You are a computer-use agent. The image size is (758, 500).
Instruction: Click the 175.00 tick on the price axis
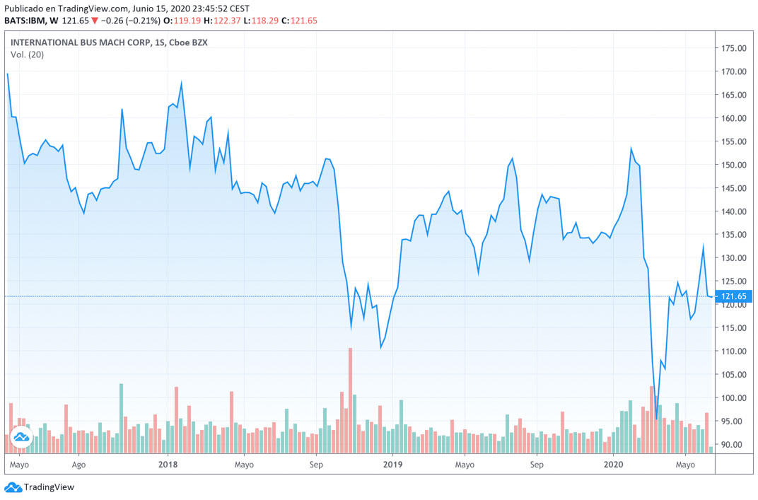tap(734, 48)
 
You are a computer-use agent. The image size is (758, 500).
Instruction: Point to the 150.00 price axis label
tap(734, 165)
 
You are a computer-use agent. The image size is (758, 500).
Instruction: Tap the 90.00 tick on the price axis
tap(734, 444)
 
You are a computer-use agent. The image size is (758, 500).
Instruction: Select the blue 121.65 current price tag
tap(734, 296)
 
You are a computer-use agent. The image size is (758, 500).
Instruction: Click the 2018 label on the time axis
tap(168, 465)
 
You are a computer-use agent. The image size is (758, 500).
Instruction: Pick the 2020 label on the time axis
tap(614, 465)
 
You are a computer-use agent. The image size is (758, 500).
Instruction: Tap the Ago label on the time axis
tap(79, 465)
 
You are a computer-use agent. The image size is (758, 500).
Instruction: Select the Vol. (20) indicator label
tap(27, 55)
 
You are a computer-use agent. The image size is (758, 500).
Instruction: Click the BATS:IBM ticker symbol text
tap(25, 21)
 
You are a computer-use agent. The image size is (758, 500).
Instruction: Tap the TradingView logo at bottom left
tap(40, 487)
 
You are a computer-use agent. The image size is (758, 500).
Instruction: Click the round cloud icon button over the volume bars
tap(21, 437)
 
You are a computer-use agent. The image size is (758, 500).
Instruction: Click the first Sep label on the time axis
tap(316, 465)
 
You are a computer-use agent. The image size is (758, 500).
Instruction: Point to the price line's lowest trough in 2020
tap(656, 419)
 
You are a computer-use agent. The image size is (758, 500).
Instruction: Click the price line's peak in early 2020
tap(631, 149)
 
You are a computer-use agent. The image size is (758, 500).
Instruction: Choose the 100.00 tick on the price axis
tap(734, 397)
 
